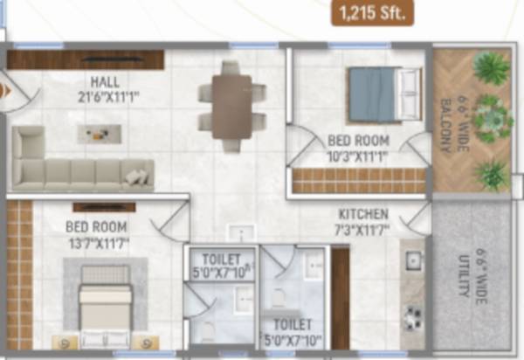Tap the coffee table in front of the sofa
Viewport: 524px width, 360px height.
93,133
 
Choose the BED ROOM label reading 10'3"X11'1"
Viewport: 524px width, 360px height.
358,139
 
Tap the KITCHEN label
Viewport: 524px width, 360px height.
363,213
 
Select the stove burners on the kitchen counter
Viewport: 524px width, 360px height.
413,314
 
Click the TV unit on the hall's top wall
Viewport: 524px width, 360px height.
86,59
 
